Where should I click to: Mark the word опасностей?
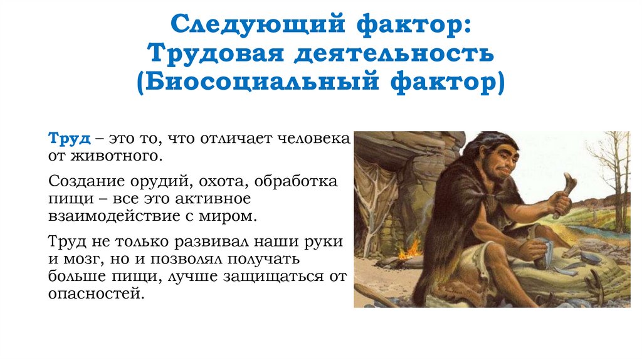(x=96, y=294)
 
